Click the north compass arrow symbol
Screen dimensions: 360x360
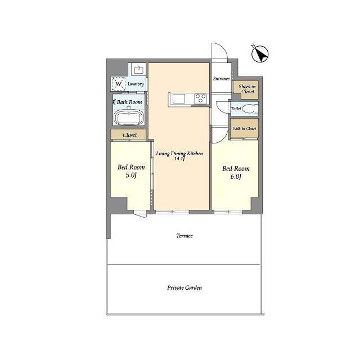[260, 54]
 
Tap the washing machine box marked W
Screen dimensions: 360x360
[119, 84]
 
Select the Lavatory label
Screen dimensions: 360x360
[136, 84]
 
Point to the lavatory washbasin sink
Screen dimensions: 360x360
[139, 70]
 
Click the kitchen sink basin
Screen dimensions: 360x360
[179, 99]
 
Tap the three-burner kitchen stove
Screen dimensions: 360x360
[200, 99]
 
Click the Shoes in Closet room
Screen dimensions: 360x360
[246, 90]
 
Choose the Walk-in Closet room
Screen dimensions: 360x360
[244, 129]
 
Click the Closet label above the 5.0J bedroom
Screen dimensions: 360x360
[130, 135]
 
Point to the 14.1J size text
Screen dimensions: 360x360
[180, 159]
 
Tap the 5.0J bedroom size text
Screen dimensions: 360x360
[131, 175]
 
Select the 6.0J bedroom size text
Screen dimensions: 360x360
[236, 177]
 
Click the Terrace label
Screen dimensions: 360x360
[184, 236]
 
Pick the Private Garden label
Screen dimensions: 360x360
[184, 287]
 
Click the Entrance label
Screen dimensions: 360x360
[221, 79]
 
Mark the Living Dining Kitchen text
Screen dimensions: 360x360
[179, 154]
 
